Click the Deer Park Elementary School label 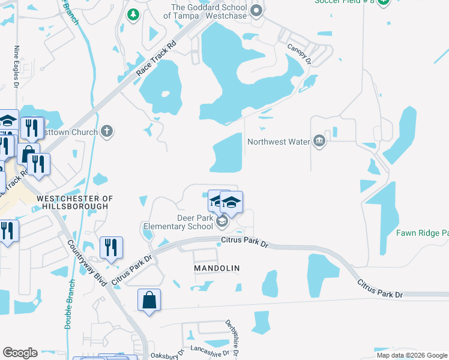pos(178,222)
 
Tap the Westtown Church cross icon pos(107,131)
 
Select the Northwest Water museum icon pos(319,142)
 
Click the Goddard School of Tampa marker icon pos(256,10)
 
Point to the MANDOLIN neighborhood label pos(217,268)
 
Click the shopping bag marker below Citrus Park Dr pos(149,300)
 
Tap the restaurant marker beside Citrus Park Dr pos(111,248)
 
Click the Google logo pos(20,353)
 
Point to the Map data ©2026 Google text pos(411,355)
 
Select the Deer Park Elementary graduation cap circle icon pos(221,223)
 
